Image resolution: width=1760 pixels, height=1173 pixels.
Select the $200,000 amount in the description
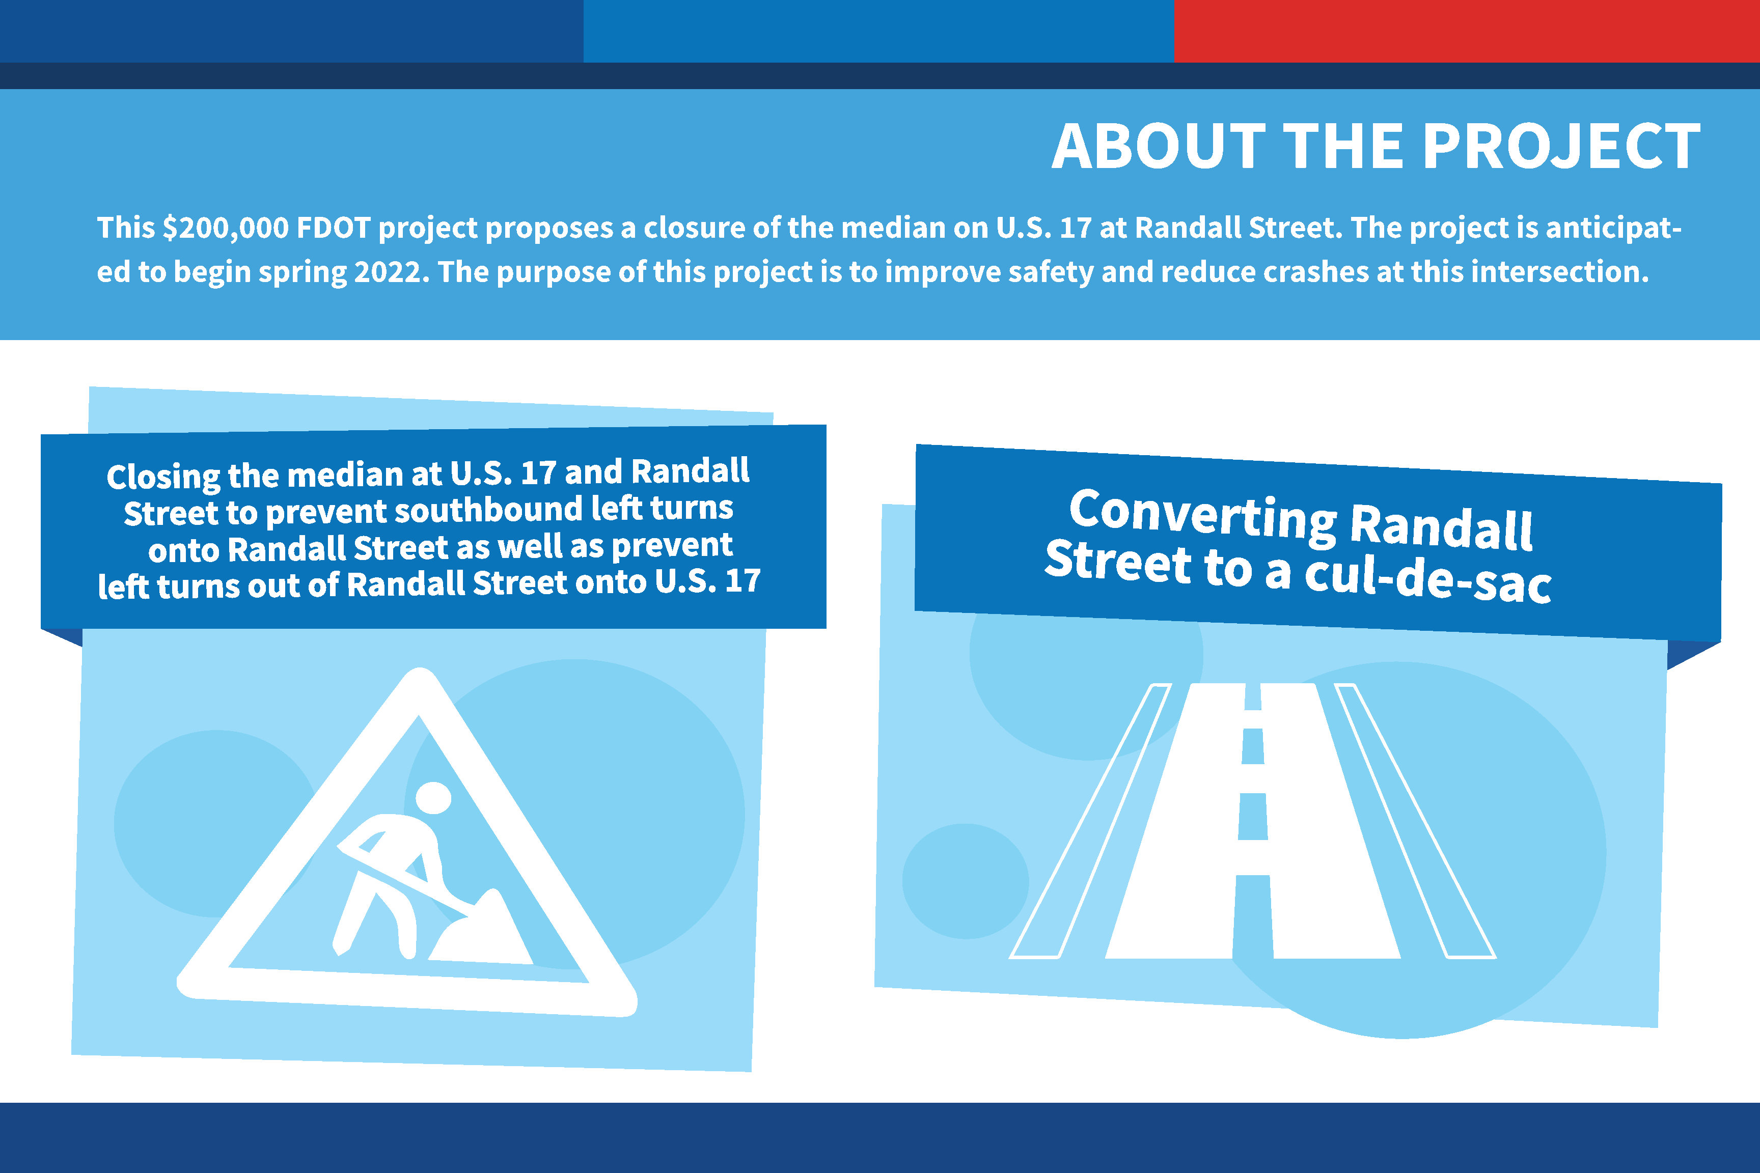coord(225,228)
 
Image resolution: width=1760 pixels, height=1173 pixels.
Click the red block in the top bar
coord(1467,31)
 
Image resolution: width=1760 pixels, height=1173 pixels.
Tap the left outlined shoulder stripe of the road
coord(1089,821)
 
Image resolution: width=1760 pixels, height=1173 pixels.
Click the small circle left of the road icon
coord(966,881)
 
